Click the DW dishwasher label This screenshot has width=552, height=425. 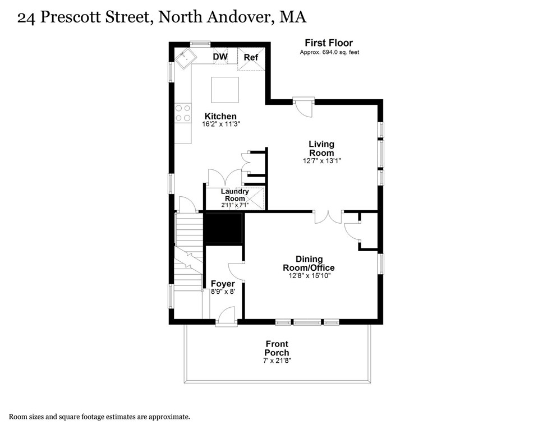220,57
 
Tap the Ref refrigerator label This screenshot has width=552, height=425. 250,57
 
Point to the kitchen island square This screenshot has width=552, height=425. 224,90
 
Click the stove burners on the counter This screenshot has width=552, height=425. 183,113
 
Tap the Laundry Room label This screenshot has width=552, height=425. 234,195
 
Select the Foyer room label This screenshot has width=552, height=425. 222,284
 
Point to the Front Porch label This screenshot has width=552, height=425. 277,348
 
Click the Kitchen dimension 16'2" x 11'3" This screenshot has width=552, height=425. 222,124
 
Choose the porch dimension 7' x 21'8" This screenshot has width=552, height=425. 277,361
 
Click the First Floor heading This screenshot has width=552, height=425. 329,43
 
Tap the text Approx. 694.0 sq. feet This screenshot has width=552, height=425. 329,52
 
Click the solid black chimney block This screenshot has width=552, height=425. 223,228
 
